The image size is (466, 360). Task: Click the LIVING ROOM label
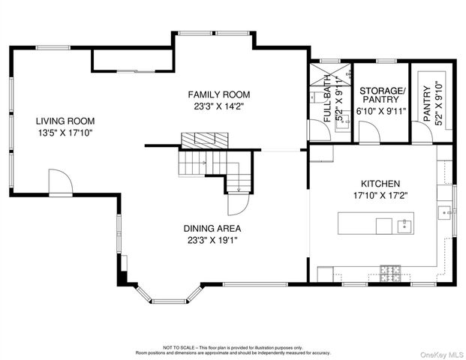[x=65, y=121]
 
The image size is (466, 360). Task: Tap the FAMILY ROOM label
[x=219, y=94]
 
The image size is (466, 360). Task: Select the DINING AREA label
[x=212, y=229]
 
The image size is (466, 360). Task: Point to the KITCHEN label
[x=380, y=184]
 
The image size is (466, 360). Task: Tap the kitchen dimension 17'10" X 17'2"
[x=380, y=196]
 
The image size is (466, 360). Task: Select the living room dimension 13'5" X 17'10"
[x=65, y=133]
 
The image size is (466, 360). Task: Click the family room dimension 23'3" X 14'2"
[x=219, y=106]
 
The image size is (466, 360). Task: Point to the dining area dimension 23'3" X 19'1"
[x=212, y=240]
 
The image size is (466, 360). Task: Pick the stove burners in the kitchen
[x=390, y=273]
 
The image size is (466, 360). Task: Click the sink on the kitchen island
[x=404, y=226]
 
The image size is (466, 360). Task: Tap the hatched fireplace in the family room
[x=205, y=140]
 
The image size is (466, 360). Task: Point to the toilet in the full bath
[x=316, y=97]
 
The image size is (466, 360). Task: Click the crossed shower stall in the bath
[x=330, y=74]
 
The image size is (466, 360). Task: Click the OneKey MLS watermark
[x=442, y=355]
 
